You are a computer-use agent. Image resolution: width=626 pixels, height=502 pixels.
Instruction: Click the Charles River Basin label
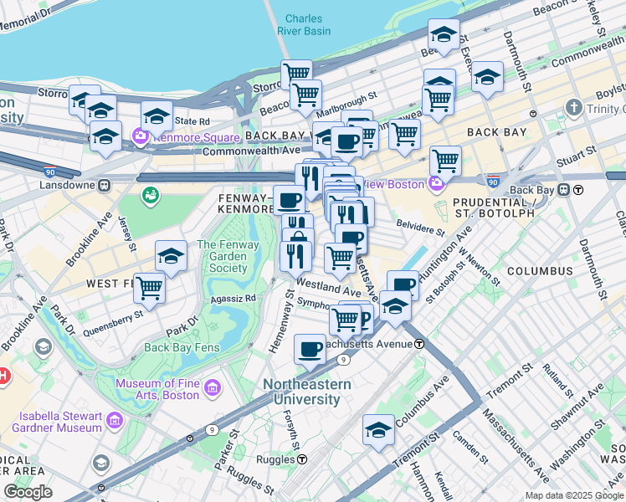click(x=302, y=25)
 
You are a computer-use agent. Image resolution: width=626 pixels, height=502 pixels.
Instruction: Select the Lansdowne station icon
click(x=105, y=185)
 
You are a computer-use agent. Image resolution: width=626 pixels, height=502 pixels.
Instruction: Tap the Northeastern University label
click(x=307, y=392)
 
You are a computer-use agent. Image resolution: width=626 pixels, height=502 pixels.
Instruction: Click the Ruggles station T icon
click(x=302, y=458)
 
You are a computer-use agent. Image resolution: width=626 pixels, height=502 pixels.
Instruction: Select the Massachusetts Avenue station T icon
click(x=419, y=344)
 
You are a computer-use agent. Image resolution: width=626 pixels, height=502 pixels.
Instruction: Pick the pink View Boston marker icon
click(x=435, y=183)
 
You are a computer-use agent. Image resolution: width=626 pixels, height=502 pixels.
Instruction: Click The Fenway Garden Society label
click(x=222, y=257)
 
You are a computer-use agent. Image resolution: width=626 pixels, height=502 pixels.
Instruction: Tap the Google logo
click(x=28, y=492)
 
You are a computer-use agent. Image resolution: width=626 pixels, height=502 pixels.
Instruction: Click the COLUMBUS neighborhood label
click(x=539, y=271)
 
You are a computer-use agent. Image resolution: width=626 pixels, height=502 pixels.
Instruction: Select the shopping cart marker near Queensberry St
click(x=150, y=288)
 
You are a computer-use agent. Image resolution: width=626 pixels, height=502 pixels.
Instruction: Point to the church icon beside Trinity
click(x=573, y=108)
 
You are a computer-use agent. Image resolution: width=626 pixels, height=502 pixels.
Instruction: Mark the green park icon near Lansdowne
click(x=151, y=196)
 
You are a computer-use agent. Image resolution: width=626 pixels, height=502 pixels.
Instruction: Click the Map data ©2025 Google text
click(x=573, y=495)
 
